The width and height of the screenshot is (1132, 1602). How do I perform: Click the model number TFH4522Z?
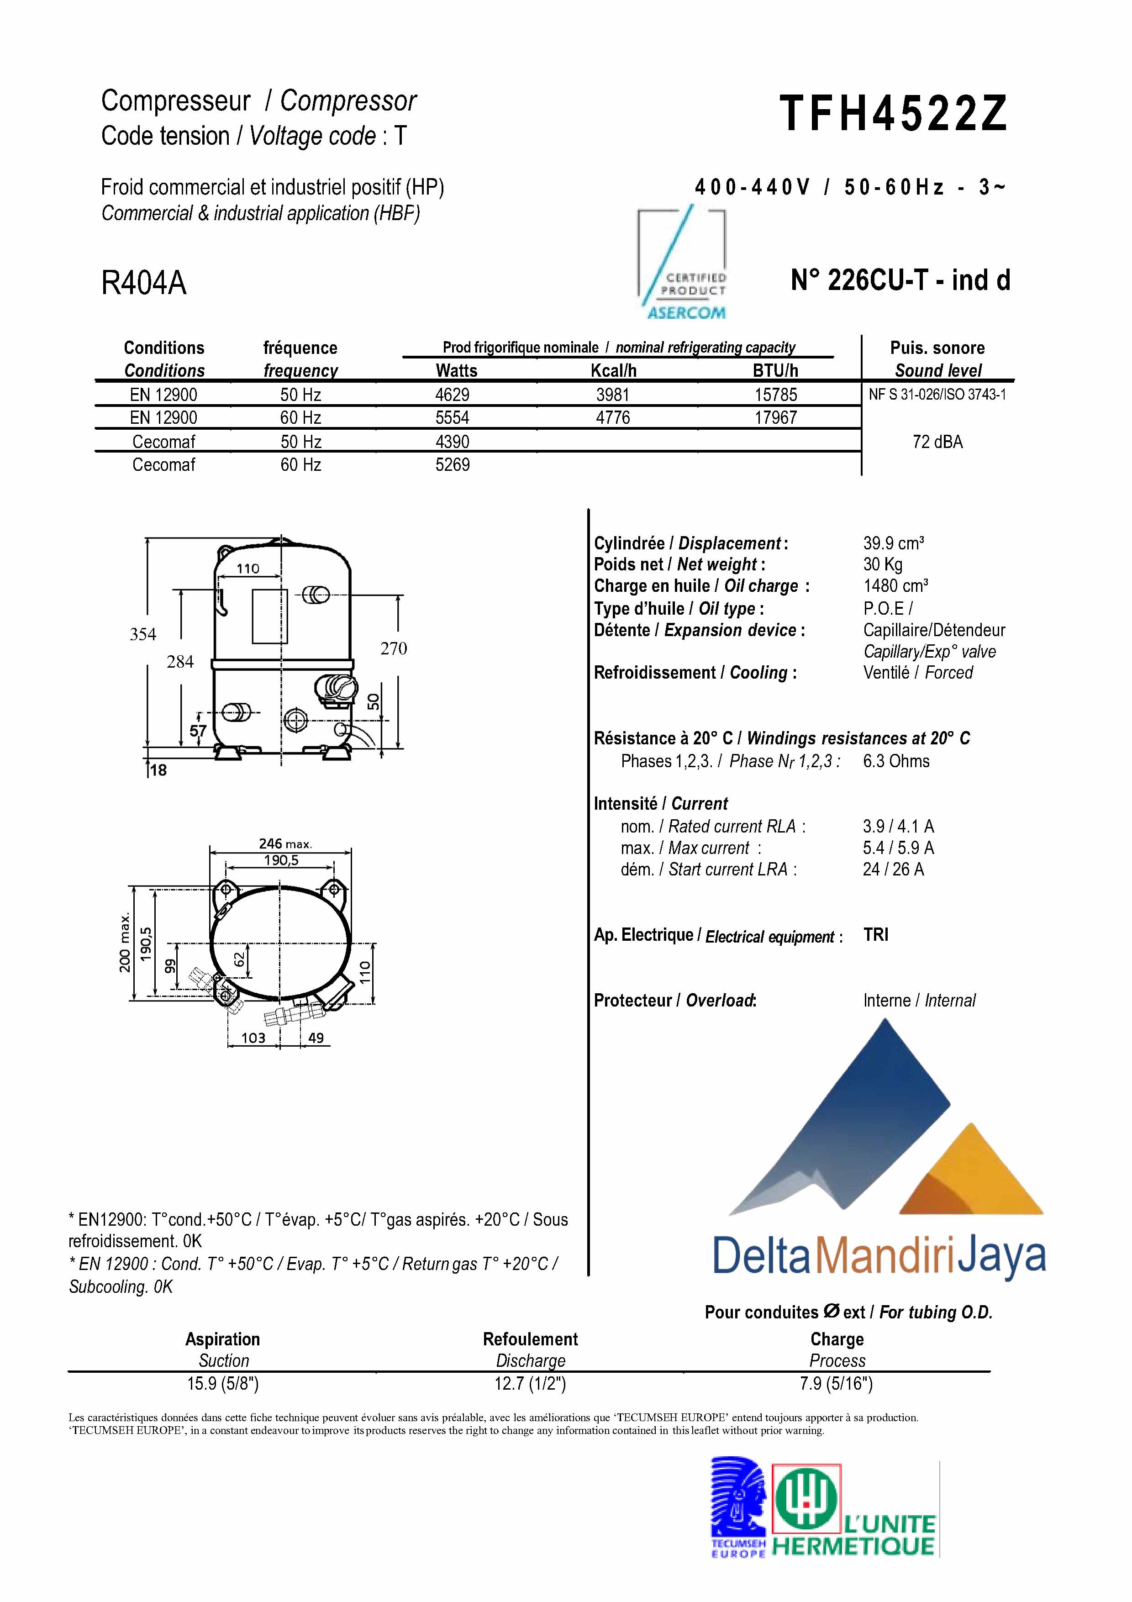[x=894, y=114]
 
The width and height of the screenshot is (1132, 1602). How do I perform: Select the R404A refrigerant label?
[x=144, y=283]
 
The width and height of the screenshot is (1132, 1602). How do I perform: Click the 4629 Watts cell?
[x=452, y=395]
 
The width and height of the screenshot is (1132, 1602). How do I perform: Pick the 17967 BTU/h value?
[x=775, y=418]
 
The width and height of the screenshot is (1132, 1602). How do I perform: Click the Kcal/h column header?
[x=613, y=370]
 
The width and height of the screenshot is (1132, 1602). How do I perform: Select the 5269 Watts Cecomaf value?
[x=452, y=465]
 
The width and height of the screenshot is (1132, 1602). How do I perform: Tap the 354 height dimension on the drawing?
[x=143, y=634]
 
